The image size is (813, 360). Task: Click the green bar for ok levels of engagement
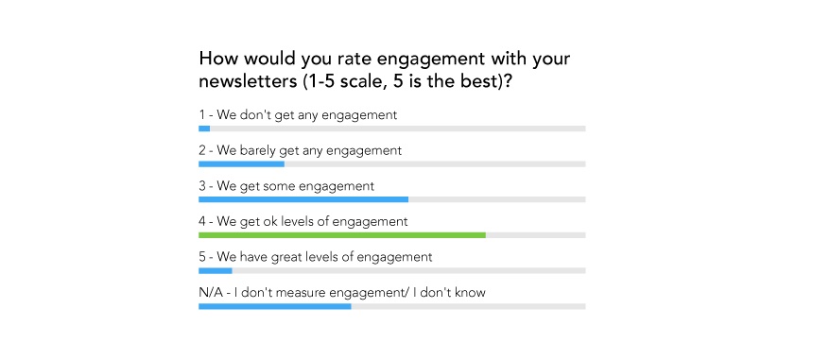click(341, 234)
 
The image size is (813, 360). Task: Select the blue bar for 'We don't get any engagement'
click(204, 128)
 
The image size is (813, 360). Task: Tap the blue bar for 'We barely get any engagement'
click(241, 163)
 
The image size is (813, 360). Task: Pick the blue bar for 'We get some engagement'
click(303, 199)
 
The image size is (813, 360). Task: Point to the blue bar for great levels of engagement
click(215, 270)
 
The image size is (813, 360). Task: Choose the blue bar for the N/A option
click(274, 306)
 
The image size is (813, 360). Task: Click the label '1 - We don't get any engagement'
click(298, 114)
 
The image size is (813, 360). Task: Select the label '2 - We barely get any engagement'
click(300, 150)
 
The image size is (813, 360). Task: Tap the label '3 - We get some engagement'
click(286, 186)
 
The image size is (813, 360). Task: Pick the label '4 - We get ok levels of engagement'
click(303, 221)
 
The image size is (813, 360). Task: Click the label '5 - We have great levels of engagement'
click(315, 257)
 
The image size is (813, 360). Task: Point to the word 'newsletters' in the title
click(249, 81)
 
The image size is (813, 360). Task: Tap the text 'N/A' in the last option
click(211, 292)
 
